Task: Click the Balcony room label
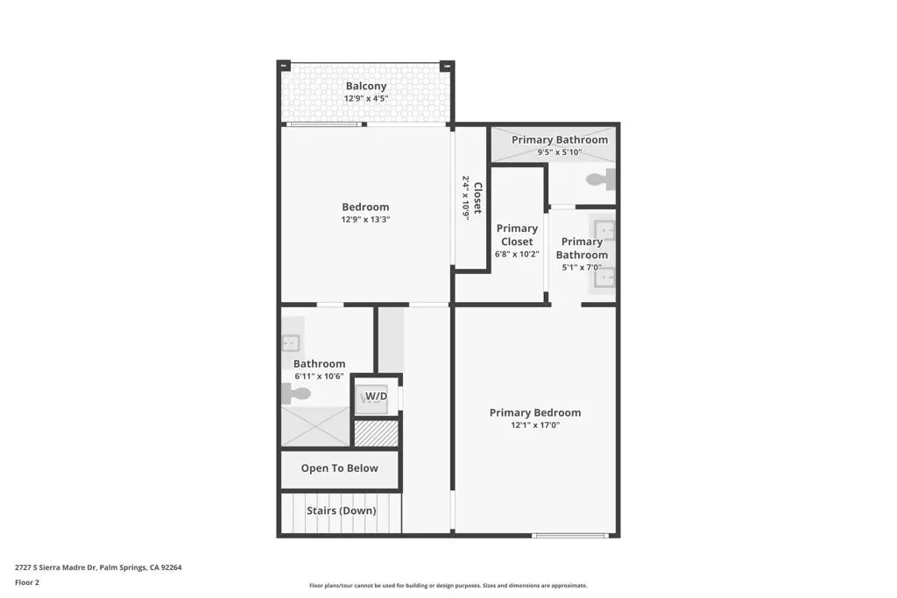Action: (366, 86)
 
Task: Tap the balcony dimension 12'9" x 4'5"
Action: (366, 98)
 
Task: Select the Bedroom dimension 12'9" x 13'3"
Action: (365, 220)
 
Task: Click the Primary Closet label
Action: (517, 235)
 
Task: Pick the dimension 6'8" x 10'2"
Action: (517, 255)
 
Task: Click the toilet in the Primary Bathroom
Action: (601, 179)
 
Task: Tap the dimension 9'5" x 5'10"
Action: (560, 152)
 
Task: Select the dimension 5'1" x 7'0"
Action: (582, 267)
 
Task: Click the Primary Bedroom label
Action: (535, 412)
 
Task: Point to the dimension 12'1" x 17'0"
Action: (535, 426)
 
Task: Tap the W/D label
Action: (377, 397)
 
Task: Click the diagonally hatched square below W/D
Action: (376, 433)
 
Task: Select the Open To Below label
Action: (340, 468)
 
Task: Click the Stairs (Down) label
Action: (342, 510)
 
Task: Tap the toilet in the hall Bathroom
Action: (296, 393)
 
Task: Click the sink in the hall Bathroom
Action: (291, 343)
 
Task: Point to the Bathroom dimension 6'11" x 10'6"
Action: (319, 376)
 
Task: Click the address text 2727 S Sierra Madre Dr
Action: (56, 567)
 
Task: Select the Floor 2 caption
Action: (27, 582)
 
